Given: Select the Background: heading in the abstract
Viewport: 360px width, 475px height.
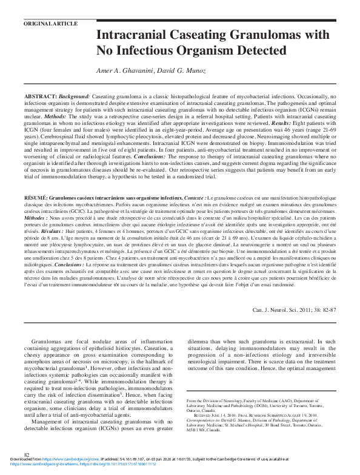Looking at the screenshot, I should [x=75, y=97].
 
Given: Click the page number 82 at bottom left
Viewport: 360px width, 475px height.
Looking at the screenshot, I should [x=27, y=471].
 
